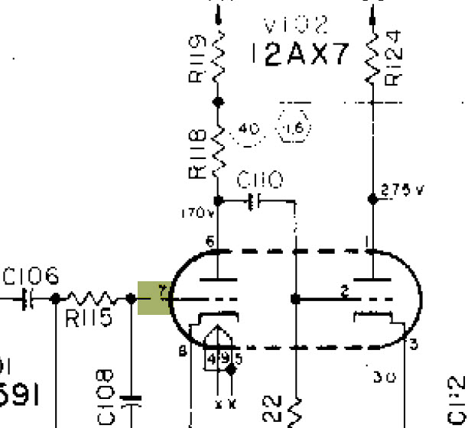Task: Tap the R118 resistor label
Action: (x=197, y=154)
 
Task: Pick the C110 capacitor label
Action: (x=260, y=180)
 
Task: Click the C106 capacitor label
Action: (x=31, y=276)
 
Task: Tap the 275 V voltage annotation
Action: (x=401, y=191)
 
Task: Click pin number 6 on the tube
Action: (x=210, y=242)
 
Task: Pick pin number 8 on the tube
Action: (x=181, y=352)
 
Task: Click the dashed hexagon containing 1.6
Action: (x=293, y=130)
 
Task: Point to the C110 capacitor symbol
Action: (x=254, y=201)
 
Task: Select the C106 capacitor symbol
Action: (x=30, y=298)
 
